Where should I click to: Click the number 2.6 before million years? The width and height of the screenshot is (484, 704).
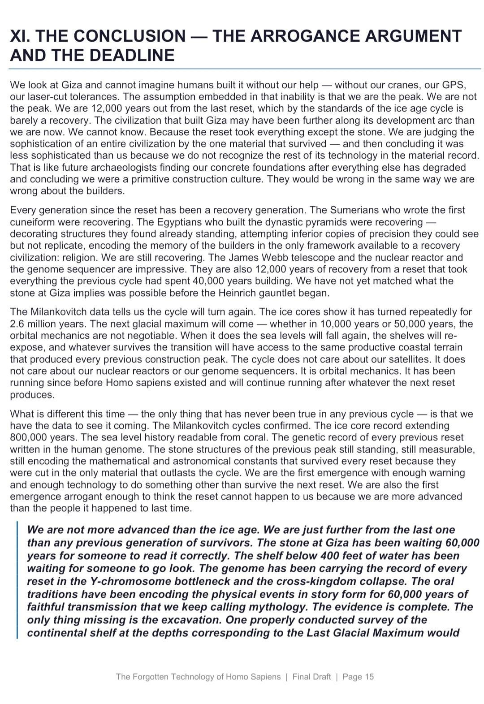(x=17, y=324)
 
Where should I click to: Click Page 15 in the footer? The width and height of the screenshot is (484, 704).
(x=358, y=677)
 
